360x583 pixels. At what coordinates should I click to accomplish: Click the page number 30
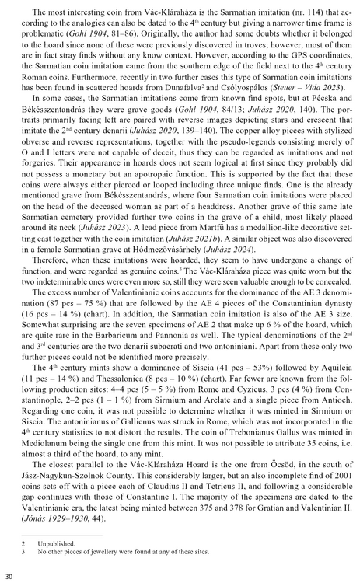(9, 575)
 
